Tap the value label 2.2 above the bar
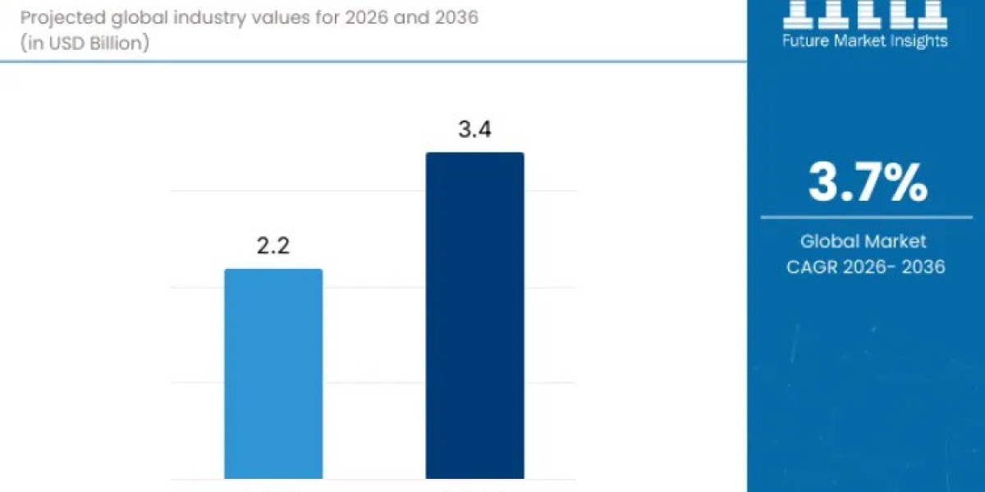coord(273,246)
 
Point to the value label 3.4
coord(474,130)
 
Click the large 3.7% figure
coord(868,183)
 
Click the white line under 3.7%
coord(866,217)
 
